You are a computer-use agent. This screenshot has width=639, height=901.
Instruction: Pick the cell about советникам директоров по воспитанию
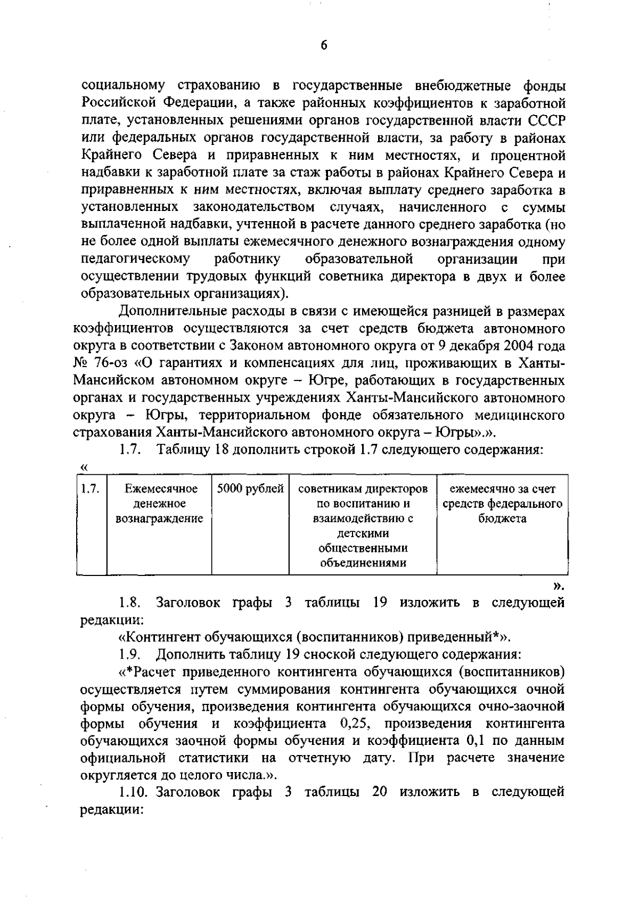(363, 525)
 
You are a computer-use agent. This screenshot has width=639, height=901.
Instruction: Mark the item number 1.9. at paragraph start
(129, 654)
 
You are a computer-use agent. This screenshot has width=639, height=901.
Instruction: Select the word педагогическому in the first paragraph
(135, 259)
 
